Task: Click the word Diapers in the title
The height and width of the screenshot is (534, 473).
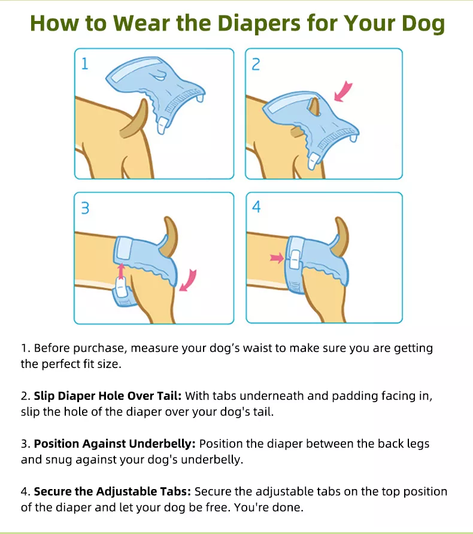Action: tap(259, 24)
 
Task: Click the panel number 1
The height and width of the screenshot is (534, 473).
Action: tap(85, 64)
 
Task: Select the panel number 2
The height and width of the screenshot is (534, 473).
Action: tap(256, 64)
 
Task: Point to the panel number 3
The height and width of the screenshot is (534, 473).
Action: tap(85, 208)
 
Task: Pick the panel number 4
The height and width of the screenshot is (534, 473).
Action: tap(256, 207)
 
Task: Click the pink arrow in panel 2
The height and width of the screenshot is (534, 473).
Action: tap(343, 91)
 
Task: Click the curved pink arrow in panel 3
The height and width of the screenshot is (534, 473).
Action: tap(189, 280)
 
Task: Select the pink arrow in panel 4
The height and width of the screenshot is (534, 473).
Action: tap(277, 258)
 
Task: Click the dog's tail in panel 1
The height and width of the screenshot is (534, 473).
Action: tap(134, 119)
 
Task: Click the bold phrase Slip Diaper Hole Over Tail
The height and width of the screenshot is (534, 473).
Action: tap(108, 396)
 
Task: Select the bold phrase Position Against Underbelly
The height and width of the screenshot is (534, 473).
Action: tap(115, 444)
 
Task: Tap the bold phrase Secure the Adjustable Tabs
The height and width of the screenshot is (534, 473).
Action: tap(113, 491)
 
